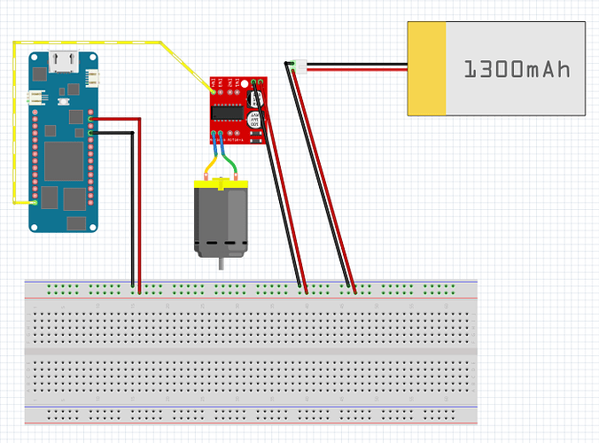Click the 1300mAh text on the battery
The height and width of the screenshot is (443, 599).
click(x=516, y=69)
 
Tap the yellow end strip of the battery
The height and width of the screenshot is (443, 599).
click(x=426, y=69)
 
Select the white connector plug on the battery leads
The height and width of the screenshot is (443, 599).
click(x=300, y=66)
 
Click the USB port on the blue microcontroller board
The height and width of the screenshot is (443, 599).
click(x=63, y=62)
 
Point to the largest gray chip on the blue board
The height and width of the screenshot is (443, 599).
click(x=63, y=160)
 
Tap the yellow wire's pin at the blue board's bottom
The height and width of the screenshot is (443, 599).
click(x=35, y=203)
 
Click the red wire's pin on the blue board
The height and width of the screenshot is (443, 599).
click(x=91, y=118)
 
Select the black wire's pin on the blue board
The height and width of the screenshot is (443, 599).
click(x=91, y=133)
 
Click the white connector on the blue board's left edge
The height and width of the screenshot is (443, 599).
click(x=35, y=97)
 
